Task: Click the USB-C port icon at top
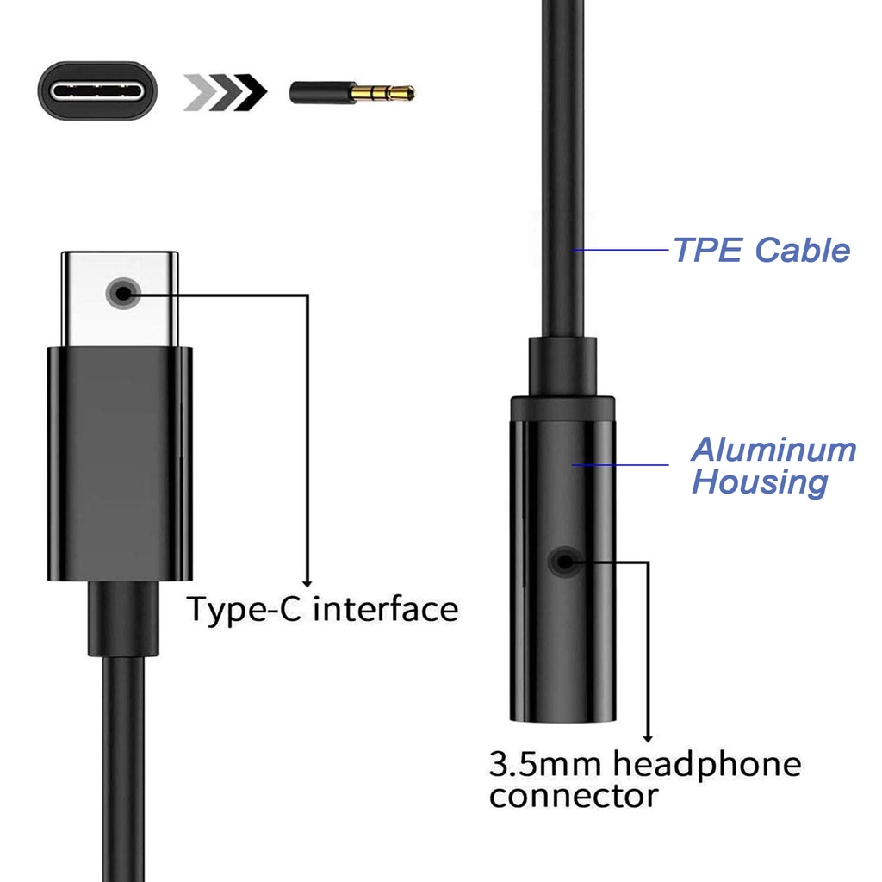tap(97, 90)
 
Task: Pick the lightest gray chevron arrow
tap(200, 91)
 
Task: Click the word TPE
tap(708, 250)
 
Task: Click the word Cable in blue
tap(802, 250)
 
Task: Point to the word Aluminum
tap(774, 450)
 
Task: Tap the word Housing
tap(760, 482)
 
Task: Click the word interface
tap(386, 609)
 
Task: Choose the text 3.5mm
tap(545, 764)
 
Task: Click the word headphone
tap(707, 765)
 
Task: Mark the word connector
tap(573, 797)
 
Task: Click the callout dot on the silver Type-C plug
tap(122, 293)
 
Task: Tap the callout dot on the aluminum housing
tap(564, 562)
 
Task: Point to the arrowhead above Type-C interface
tap(307, 584)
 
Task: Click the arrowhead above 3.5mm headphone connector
tap(648, 738)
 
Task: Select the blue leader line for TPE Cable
tap(621, 249)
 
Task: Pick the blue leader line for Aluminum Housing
tap(620, 464)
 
